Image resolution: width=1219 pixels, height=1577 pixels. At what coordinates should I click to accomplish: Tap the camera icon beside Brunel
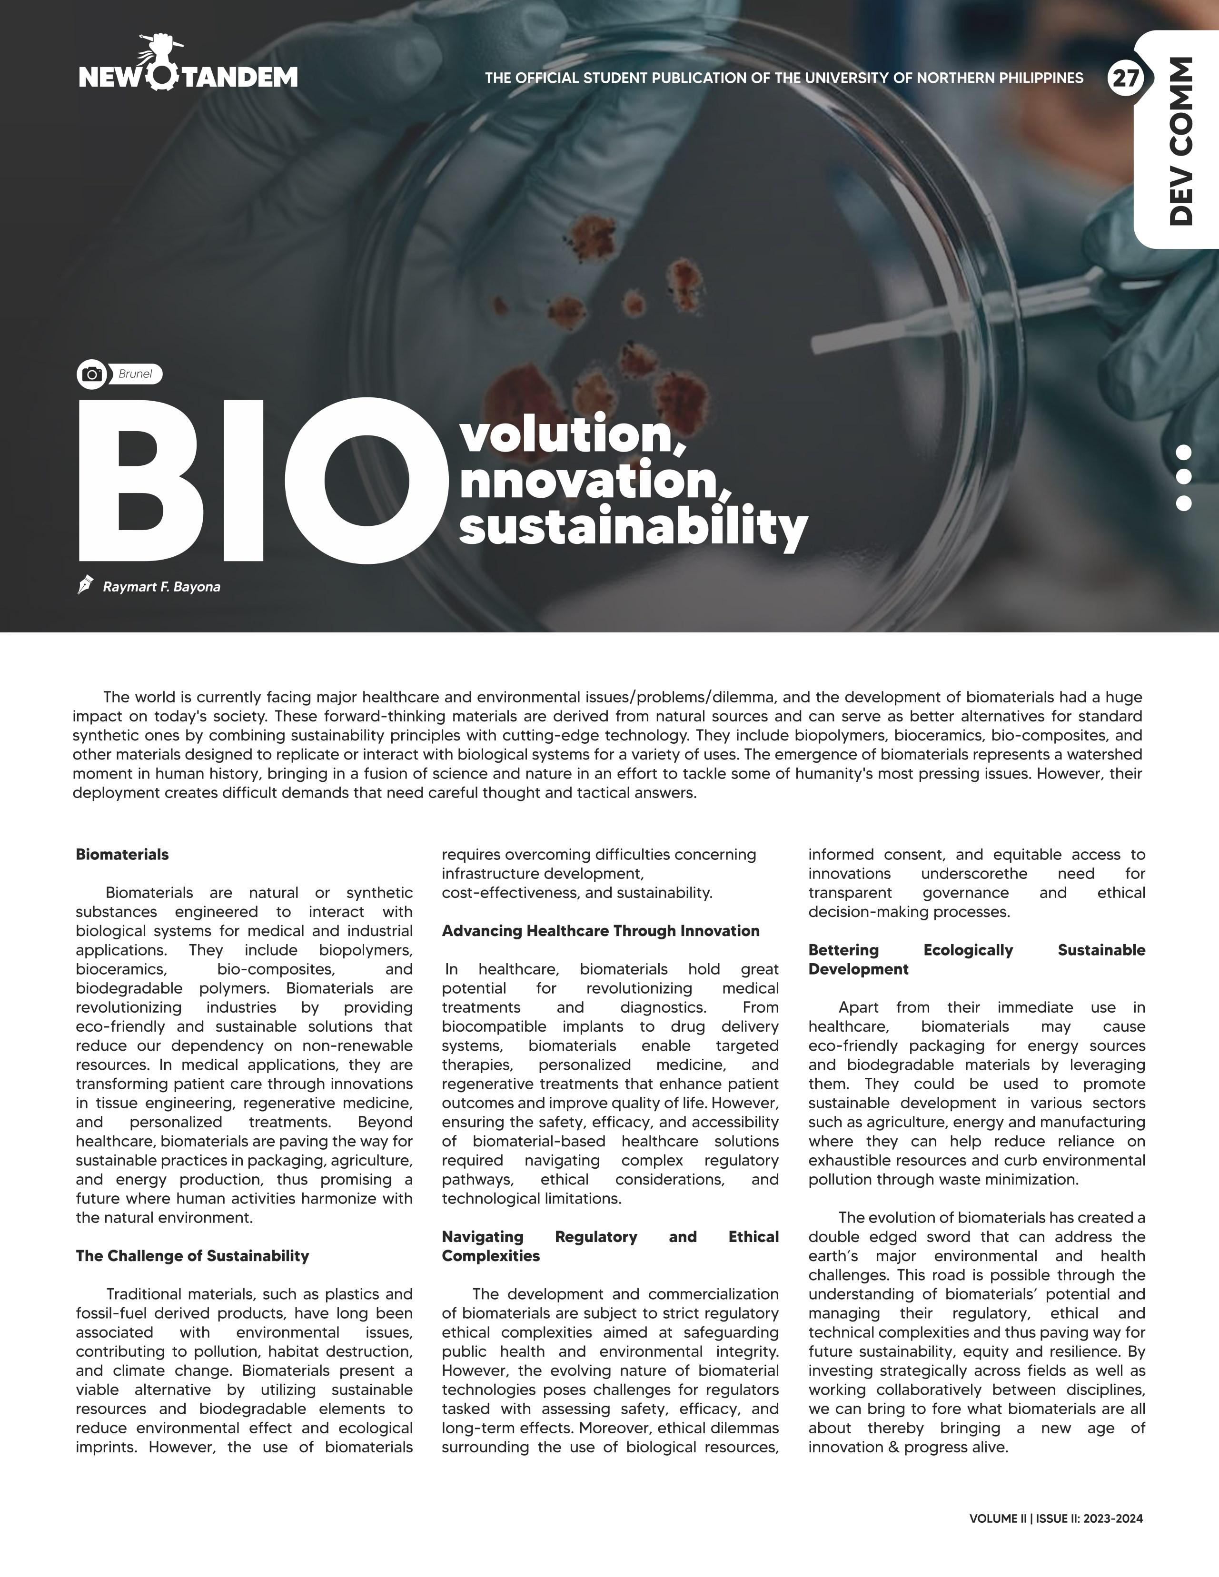point(92,374)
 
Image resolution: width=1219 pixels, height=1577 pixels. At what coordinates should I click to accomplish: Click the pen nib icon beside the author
point(85,585)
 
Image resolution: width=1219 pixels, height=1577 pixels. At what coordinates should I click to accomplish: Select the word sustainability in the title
point(633,528)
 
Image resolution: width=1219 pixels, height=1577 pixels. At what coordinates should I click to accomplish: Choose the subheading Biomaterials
point(122,854)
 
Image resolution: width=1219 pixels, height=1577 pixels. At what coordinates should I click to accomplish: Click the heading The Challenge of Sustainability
point(192,1256)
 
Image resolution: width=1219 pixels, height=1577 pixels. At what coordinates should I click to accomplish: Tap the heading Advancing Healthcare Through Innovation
point(600,931)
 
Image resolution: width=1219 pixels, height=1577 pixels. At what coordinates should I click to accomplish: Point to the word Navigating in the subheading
point(482,1237)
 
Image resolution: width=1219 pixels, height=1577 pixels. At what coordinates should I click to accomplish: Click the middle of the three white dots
point(1183,477)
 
